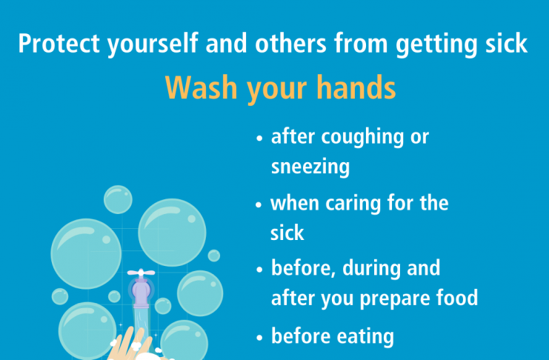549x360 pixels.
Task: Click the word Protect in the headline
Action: coord(59,43)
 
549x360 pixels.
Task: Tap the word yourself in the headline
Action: coord(153,44)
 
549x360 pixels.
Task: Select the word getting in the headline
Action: coord(436,44)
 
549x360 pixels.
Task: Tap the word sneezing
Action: coord(310,167)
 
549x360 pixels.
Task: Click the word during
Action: coord(371,269)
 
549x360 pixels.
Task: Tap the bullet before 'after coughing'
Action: coord(259,138)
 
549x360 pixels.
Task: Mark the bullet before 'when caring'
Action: coord(259,204)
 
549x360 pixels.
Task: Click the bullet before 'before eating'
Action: coord(259,338)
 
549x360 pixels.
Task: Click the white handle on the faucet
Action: coord(141,273)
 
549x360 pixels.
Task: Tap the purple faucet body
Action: coord(141,292)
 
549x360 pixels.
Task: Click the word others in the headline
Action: coord(290,43)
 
